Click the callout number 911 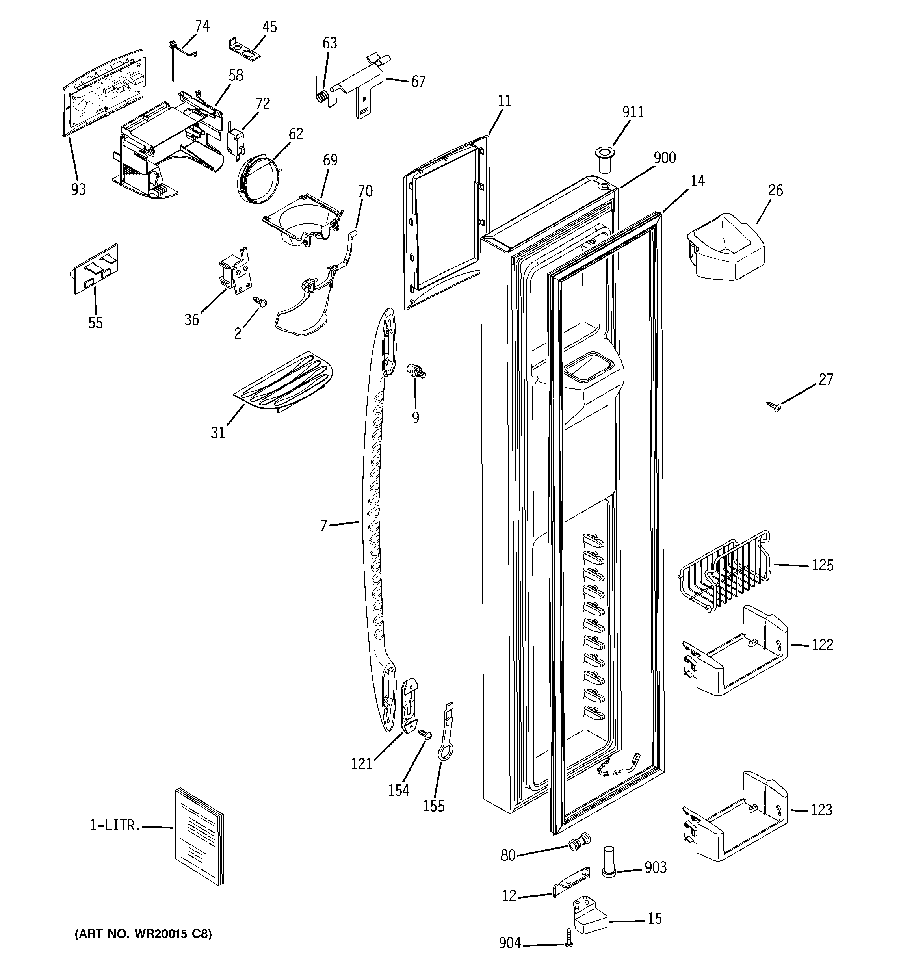pyautogui.click(x=633, y=112)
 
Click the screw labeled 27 pyautogui.click(x=774, y=405)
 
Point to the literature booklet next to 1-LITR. pyautogui.click(x=199, y=843)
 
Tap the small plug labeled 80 pyautogui.click(x=578, y=843)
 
